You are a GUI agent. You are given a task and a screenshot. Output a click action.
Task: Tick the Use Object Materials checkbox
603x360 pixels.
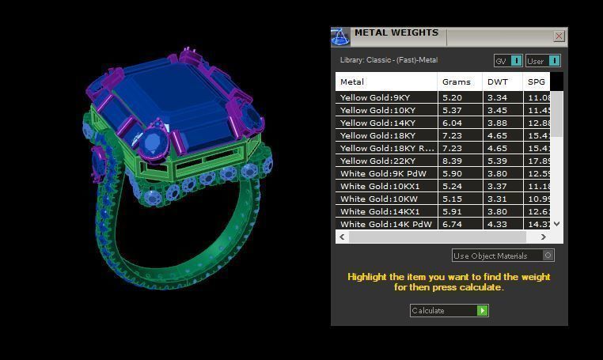[548, 256]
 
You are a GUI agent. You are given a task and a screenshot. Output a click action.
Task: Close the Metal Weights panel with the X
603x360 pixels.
[559, 36]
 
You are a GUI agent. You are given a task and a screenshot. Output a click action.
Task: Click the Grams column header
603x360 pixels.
[457, 81]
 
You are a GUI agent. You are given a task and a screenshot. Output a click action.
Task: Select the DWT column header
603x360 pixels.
[498, 81]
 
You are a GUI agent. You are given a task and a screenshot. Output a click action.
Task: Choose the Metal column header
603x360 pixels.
[352, 81]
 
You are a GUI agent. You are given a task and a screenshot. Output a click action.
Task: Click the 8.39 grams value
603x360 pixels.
[453, 161]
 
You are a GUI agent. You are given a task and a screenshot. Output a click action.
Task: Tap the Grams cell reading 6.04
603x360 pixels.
[453, 123]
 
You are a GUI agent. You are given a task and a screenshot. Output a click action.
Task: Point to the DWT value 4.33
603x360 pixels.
[497, 224]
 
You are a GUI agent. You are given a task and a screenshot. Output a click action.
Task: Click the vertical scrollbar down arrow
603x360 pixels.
[556, 224]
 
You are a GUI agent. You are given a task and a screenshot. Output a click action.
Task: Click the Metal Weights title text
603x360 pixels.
[396, 33]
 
